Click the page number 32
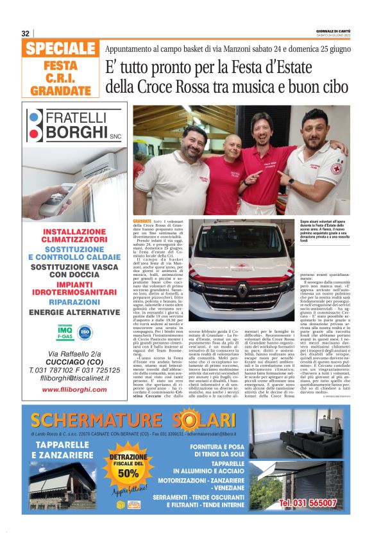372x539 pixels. pyautogui.click(x=26, y=33)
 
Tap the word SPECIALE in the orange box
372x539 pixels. pyautogui.click(x=62, y=49)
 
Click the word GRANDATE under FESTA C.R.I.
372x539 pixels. pyautogui.click(x=61, y=91)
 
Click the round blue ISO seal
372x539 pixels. pyautogui.click(x=85, y=332)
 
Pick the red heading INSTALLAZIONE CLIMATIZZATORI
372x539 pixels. pyautogui.click(x=74, y=236)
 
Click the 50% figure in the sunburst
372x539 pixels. pyautogui.click(x=128, y=473)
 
